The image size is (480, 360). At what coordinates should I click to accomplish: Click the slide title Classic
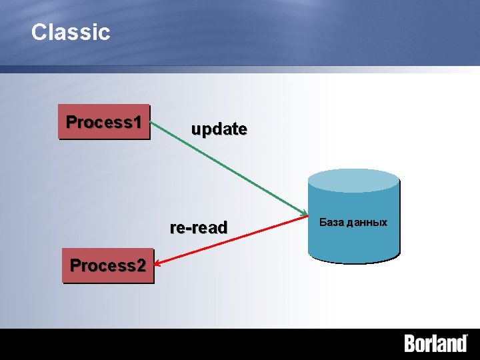71,32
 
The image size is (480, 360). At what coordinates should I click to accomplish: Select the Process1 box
104,122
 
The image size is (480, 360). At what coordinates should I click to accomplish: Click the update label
219,129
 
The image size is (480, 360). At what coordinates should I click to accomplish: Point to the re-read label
199,227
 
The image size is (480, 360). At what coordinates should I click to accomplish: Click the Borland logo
436,343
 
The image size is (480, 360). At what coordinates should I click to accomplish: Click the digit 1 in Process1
137,122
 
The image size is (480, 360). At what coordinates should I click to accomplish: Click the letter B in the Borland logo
411,343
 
